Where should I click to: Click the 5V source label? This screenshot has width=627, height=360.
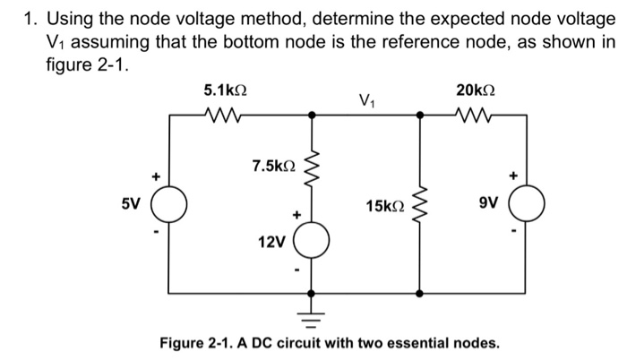[x=131, y=203]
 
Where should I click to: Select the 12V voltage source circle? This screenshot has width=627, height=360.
[x=311, y=242]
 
